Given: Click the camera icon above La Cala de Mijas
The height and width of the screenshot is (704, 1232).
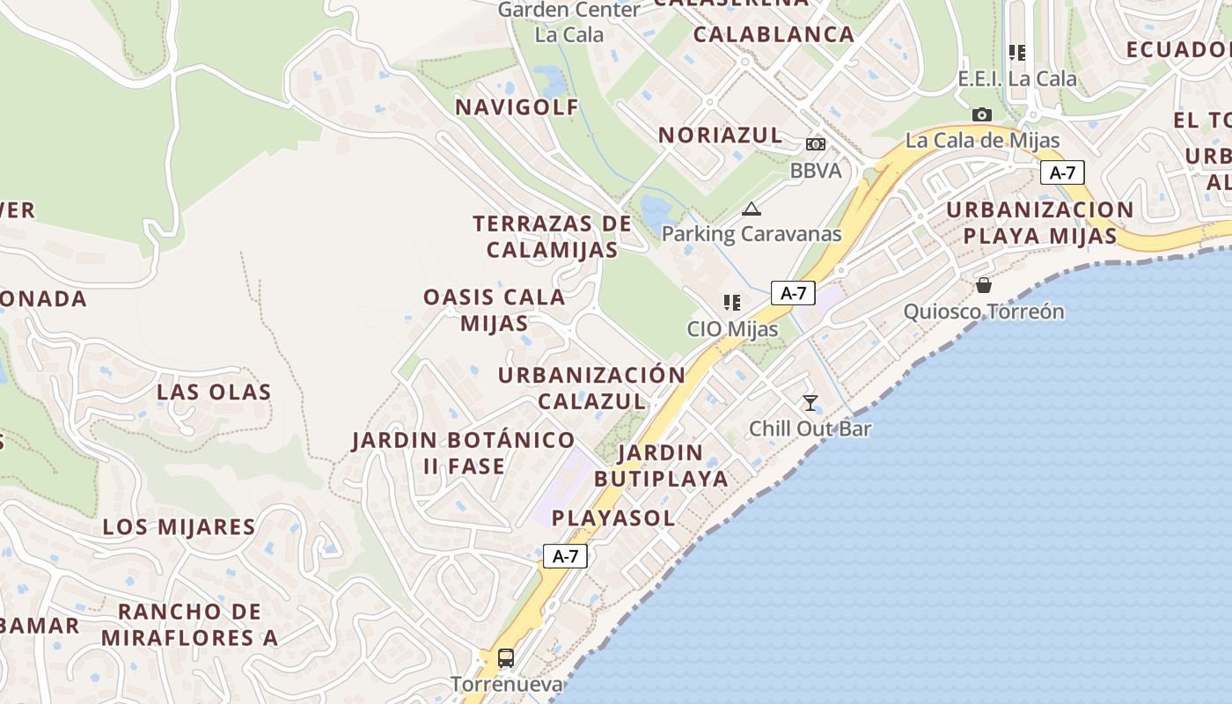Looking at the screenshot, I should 981,114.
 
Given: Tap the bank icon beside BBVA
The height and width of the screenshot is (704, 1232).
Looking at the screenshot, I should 816,143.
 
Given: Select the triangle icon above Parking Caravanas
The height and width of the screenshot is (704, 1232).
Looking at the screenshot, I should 751,209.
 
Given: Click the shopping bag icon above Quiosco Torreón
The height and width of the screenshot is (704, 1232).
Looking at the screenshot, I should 984,285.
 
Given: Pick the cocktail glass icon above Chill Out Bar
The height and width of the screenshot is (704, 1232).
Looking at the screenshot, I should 810,403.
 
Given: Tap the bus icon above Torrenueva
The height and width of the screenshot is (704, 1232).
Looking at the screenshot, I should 506,657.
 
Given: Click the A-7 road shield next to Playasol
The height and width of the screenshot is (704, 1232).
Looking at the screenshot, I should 565,556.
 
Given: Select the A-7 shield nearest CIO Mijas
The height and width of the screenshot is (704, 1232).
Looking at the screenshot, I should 793,293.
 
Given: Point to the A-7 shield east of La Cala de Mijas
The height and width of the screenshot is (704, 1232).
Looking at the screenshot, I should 1062,172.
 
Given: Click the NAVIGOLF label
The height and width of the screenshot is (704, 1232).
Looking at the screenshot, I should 517,107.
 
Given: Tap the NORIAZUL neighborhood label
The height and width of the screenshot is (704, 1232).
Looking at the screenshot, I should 721,135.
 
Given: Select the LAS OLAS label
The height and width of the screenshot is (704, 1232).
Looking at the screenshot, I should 214,392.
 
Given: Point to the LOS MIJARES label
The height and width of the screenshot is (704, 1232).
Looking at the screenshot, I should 179,527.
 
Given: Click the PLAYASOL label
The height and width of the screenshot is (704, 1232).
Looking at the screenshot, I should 613,518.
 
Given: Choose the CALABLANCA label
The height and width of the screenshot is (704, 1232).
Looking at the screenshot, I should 774,34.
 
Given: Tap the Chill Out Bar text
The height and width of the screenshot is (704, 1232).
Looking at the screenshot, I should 810,429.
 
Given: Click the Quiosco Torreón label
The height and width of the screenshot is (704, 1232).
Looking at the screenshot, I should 984,312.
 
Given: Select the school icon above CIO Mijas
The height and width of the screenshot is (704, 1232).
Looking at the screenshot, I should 731,303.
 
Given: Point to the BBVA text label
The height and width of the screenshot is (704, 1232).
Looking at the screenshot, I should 816,171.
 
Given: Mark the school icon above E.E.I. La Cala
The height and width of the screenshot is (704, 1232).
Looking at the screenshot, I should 1017,53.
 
